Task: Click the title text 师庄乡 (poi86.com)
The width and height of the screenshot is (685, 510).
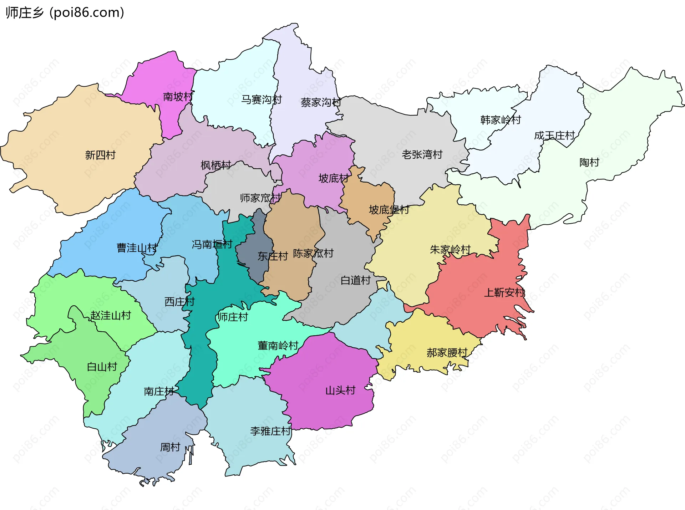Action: coord(65,12)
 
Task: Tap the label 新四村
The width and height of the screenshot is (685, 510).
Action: coord(100,155)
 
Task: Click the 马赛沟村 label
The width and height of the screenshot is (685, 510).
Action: coord(262,100)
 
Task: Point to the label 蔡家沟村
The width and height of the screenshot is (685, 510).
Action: coord(321,103)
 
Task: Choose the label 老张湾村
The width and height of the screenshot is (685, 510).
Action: coord(422,154)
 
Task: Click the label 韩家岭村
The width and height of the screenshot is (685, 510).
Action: coord(501,120)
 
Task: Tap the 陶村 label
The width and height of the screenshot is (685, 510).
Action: coord(589,163)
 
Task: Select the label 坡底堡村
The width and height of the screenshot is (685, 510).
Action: coord(389,210)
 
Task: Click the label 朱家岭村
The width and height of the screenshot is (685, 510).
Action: coord(450,250)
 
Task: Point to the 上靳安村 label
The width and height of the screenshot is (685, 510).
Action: coord(504,293)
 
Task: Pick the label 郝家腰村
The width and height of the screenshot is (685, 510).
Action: coord(447,353)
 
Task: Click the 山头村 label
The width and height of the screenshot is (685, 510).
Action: coord(340,391)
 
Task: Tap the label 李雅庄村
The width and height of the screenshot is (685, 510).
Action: coord(270,431)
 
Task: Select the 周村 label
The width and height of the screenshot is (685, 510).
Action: coord(170,447)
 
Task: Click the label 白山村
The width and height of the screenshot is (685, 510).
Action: coord(102,367)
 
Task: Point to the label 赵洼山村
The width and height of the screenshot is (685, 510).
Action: coord(111,316)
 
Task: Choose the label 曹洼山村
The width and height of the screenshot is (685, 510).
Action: coord(137,248)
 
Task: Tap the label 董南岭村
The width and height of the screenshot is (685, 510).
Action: coord(278,346)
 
